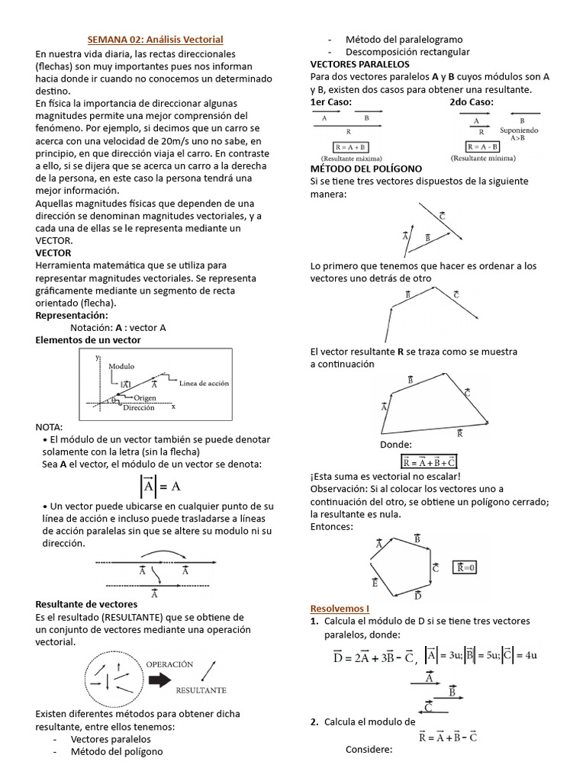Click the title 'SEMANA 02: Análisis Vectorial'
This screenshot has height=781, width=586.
pyautogui.click(x=155, y=39)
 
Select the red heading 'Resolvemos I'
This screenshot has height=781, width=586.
pyautogui.click(x=340, y=608)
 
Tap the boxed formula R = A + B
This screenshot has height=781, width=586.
pyautogui.click(x=351, y=146)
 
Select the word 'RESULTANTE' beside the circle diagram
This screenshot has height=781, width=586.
pyautogui.click(x=201, y=689)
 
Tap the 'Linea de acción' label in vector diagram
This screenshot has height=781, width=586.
pyautogui.click(x=204, y=383)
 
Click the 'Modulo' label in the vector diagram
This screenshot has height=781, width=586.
pyautogui.click(x=121, y=366)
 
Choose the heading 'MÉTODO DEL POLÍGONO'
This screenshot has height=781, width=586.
pyautogui.click(x=365, y=169)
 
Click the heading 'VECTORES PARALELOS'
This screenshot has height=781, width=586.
pyautogui.click(x=359, y=64)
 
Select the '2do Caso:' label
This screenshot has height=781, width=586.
pyautogui.click(x=472, y=101)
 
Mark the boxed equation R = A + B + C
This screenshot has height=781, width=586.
pyautogui.click(x=429, y=461)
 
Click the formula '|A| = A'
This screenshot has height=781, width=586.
pyautogui.click(x=159, y=486)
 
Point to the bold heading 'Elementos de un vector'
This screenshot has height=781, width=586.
pyautogui.click(x=89, y=339)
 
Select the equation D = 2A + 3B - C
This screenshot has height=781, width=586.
pyautogui.click(x=374, y=656)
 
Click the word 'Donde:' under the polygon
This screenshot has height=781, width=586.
pyautogui.click(x=395, y=445)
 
